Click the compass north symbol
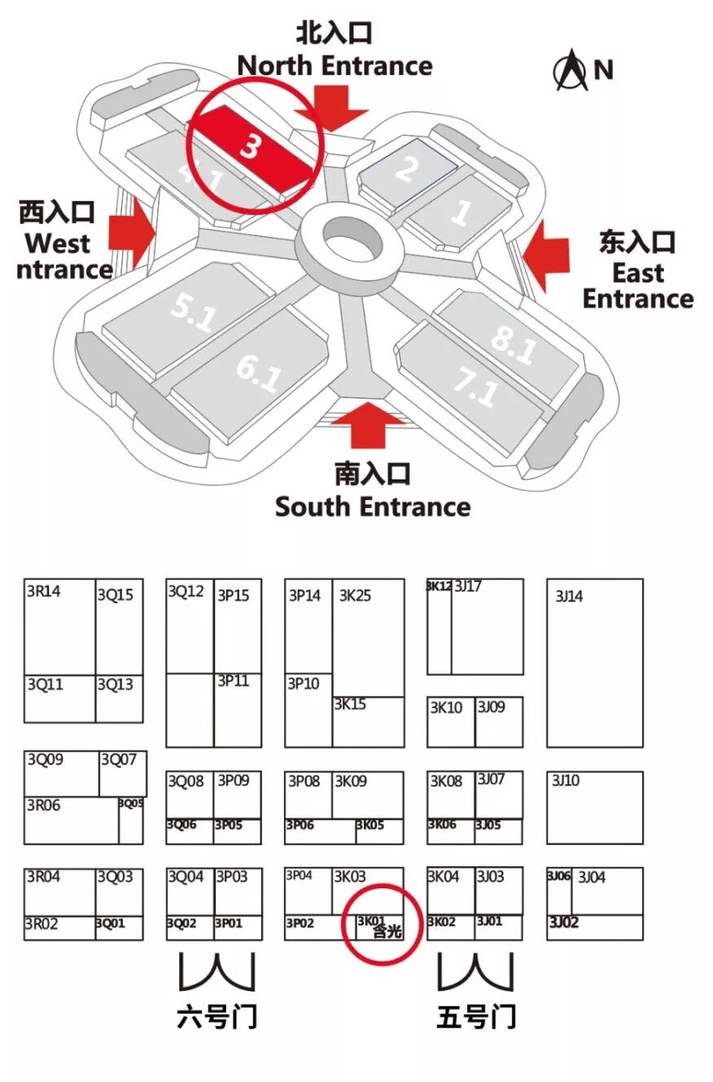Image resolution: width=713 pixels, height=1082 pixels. click(x=571, y=71)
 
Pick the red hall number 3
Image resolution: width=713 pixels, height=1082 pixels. click(x=251, y=149)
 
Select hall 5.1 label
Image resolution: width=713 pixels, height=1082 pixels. click(x=192, y=311)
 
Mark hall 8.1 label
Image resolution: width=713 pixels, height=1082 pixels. click(x=514, y=344)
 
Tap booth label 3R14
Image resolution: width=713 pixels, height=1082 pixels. click(x=42, y=592)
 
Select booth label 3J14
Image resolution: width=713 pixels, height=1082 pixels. click(x=569, y=597)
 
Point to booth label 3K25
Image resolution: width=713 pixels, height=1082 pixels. click(x=355, y=596)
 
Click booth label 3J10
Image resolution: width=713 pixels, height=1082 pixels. click(x=566, y=780)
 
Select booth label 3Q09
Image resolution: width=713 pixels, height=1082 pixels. click(x=45, y=760)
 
